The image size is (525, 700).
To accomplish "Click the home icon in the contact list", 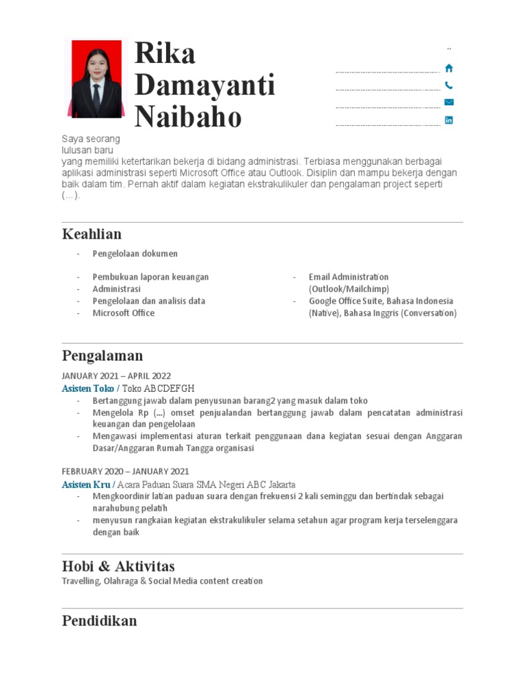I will point(449,68).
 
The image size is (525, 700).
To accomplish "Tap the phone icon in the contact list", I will point(449,85).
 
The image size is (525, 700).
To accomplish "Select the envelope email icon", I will point(449,103).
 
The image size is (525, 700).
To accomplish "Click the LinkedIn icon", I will point(449,120).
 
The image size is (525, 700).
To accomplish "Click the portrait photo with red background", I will point(96,79).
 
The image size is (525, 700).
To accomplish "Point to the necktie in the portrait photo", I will point(96,96).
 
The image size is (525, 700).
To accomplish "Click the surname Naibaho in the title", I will point(188,117).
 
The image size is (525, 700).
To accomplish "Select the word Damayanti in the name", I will point(204,85).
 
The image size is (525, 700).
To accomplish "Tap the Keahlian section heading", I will point(92,234).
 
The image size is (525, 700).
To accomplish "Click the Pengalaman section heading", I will point(103,355).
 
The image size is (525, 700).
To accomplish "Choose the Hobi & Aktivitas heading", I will point(118,566).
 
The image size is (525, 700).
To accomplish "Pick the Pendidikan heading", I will point(99,621).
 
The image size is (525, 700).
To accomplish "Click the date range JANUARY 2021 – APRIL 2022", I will point(116,376).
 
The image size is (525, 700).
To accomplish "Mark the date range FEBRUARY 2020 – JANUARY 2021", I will point(125,472).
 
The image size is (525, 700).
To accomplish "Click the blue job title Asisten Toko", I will point(88,388).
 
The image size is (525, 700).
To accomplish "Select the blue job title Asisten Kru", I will point(86,485).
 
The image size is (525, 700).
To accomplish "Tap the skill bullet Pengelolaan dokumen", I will point(135,254).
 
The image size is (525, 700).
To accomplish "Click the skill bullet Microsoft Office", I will point(124,313).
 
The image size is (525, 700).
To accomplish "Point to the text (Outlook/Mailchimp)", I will point(349,289).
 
